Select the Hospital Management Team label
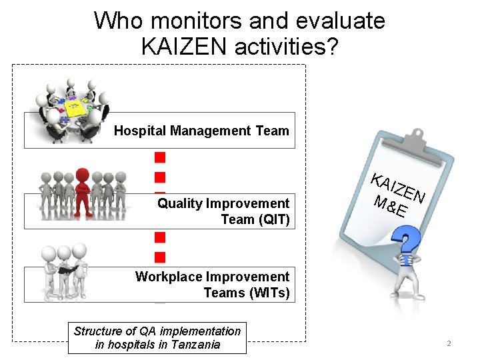(x=201, y=131)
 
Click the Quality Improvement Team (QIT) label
(x=223, y=211)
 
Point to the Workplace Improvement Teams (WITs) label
(x=213, y=285)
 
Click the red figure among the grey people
(x=83, y=187)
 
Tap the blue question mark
(x=406, y=240)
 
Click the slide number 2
(x=449, y=344)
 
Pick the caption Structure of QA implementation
(x=157, y=331)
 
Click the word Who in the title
(x=117, y=21)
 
